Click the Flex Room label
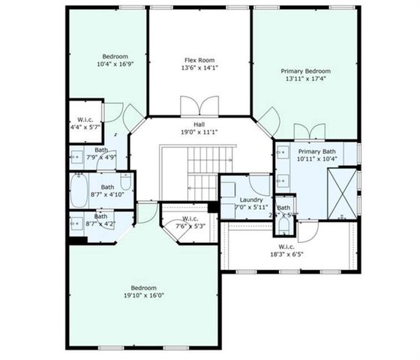(x=200, y=59)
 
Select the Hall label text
(x=199, y=124)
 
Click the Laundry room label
(x=250, y=199)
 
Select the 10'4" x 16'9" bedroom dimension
(x=115, y=64)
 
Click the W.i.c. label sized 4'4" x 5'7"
(x=85, y=120)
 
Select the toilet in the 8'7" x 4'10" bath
(x=126, y=182)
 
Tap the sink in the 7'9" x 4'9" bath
(x=76, y=157)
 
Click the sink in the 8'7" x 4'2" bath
(x=77, y=223)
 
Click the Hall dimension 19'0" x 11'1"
(x=199, y=133)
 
